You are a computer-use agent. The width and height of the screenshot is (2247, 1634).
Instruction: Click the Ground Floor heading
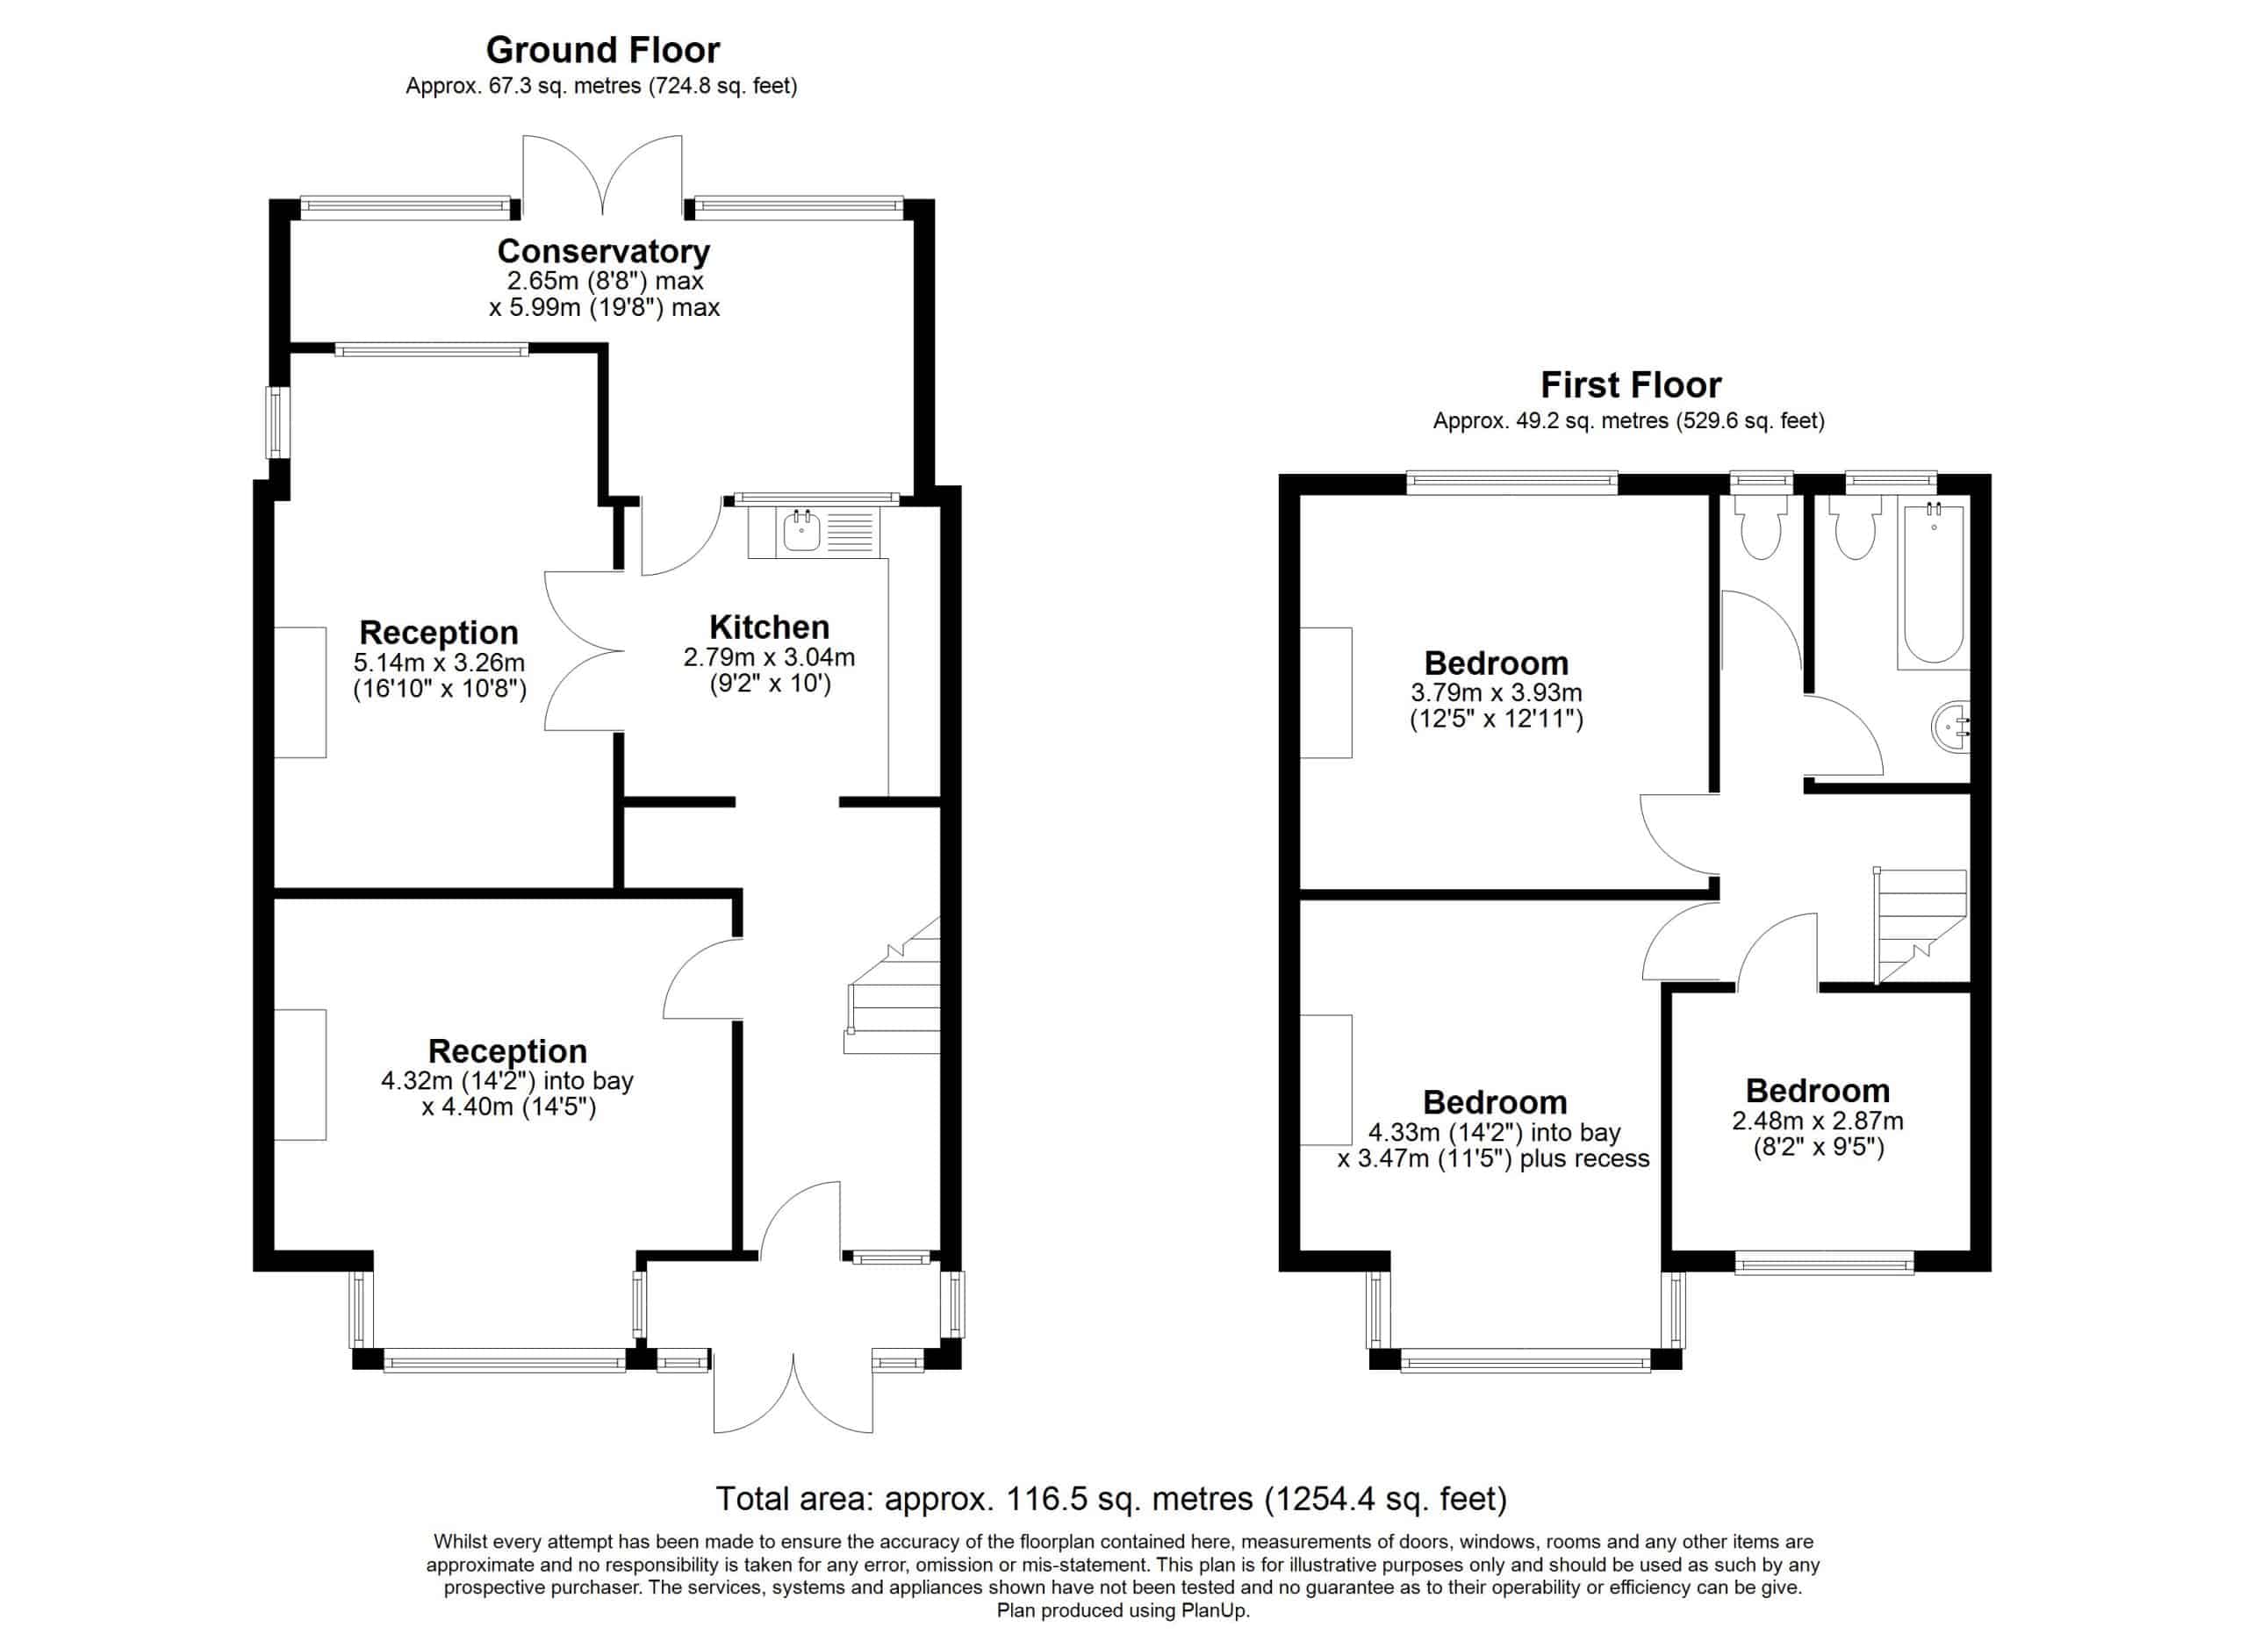(x=602, y=49)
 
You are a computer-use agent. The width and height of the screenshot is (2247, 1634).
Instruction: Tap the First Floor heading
(x=1631, y=384)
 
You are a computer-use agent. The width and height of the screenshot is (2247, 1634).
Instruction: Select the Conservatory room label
(x=603, y=252)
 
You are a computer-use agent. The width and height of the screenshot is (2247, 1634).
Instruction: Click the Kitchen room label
(x=769, y=627)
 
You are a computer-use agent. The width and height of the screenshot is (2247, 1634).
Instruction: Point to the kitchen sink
(x=802, y=532)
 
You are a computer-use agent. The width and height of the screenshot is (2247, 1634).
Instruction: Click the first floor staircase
(x=1919, y=926)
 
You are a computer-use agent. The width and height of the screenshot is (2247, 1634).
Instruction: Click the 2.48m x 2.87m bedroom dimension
(x=1817, y=1121)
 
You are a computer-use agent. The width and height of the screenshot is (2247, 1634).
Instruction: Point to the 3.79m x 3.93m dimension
(x=1496, y=692)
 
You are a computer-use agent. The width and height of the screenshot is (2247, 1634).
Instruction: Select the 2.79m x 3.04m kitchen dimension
(x=769, y=657)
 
